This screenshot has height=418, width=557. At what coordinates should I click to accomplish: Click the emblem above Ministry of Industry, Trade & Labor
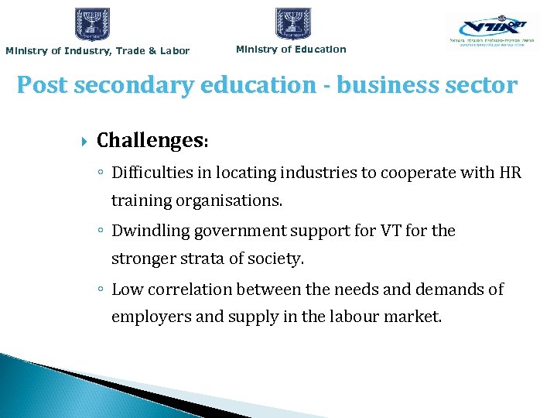(92, 24)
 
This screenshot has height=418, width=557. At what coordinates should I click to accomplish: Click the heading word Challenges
(149, 140)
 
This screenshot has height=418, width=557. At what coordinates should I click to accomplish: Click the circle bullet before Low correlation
(101, 290)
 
